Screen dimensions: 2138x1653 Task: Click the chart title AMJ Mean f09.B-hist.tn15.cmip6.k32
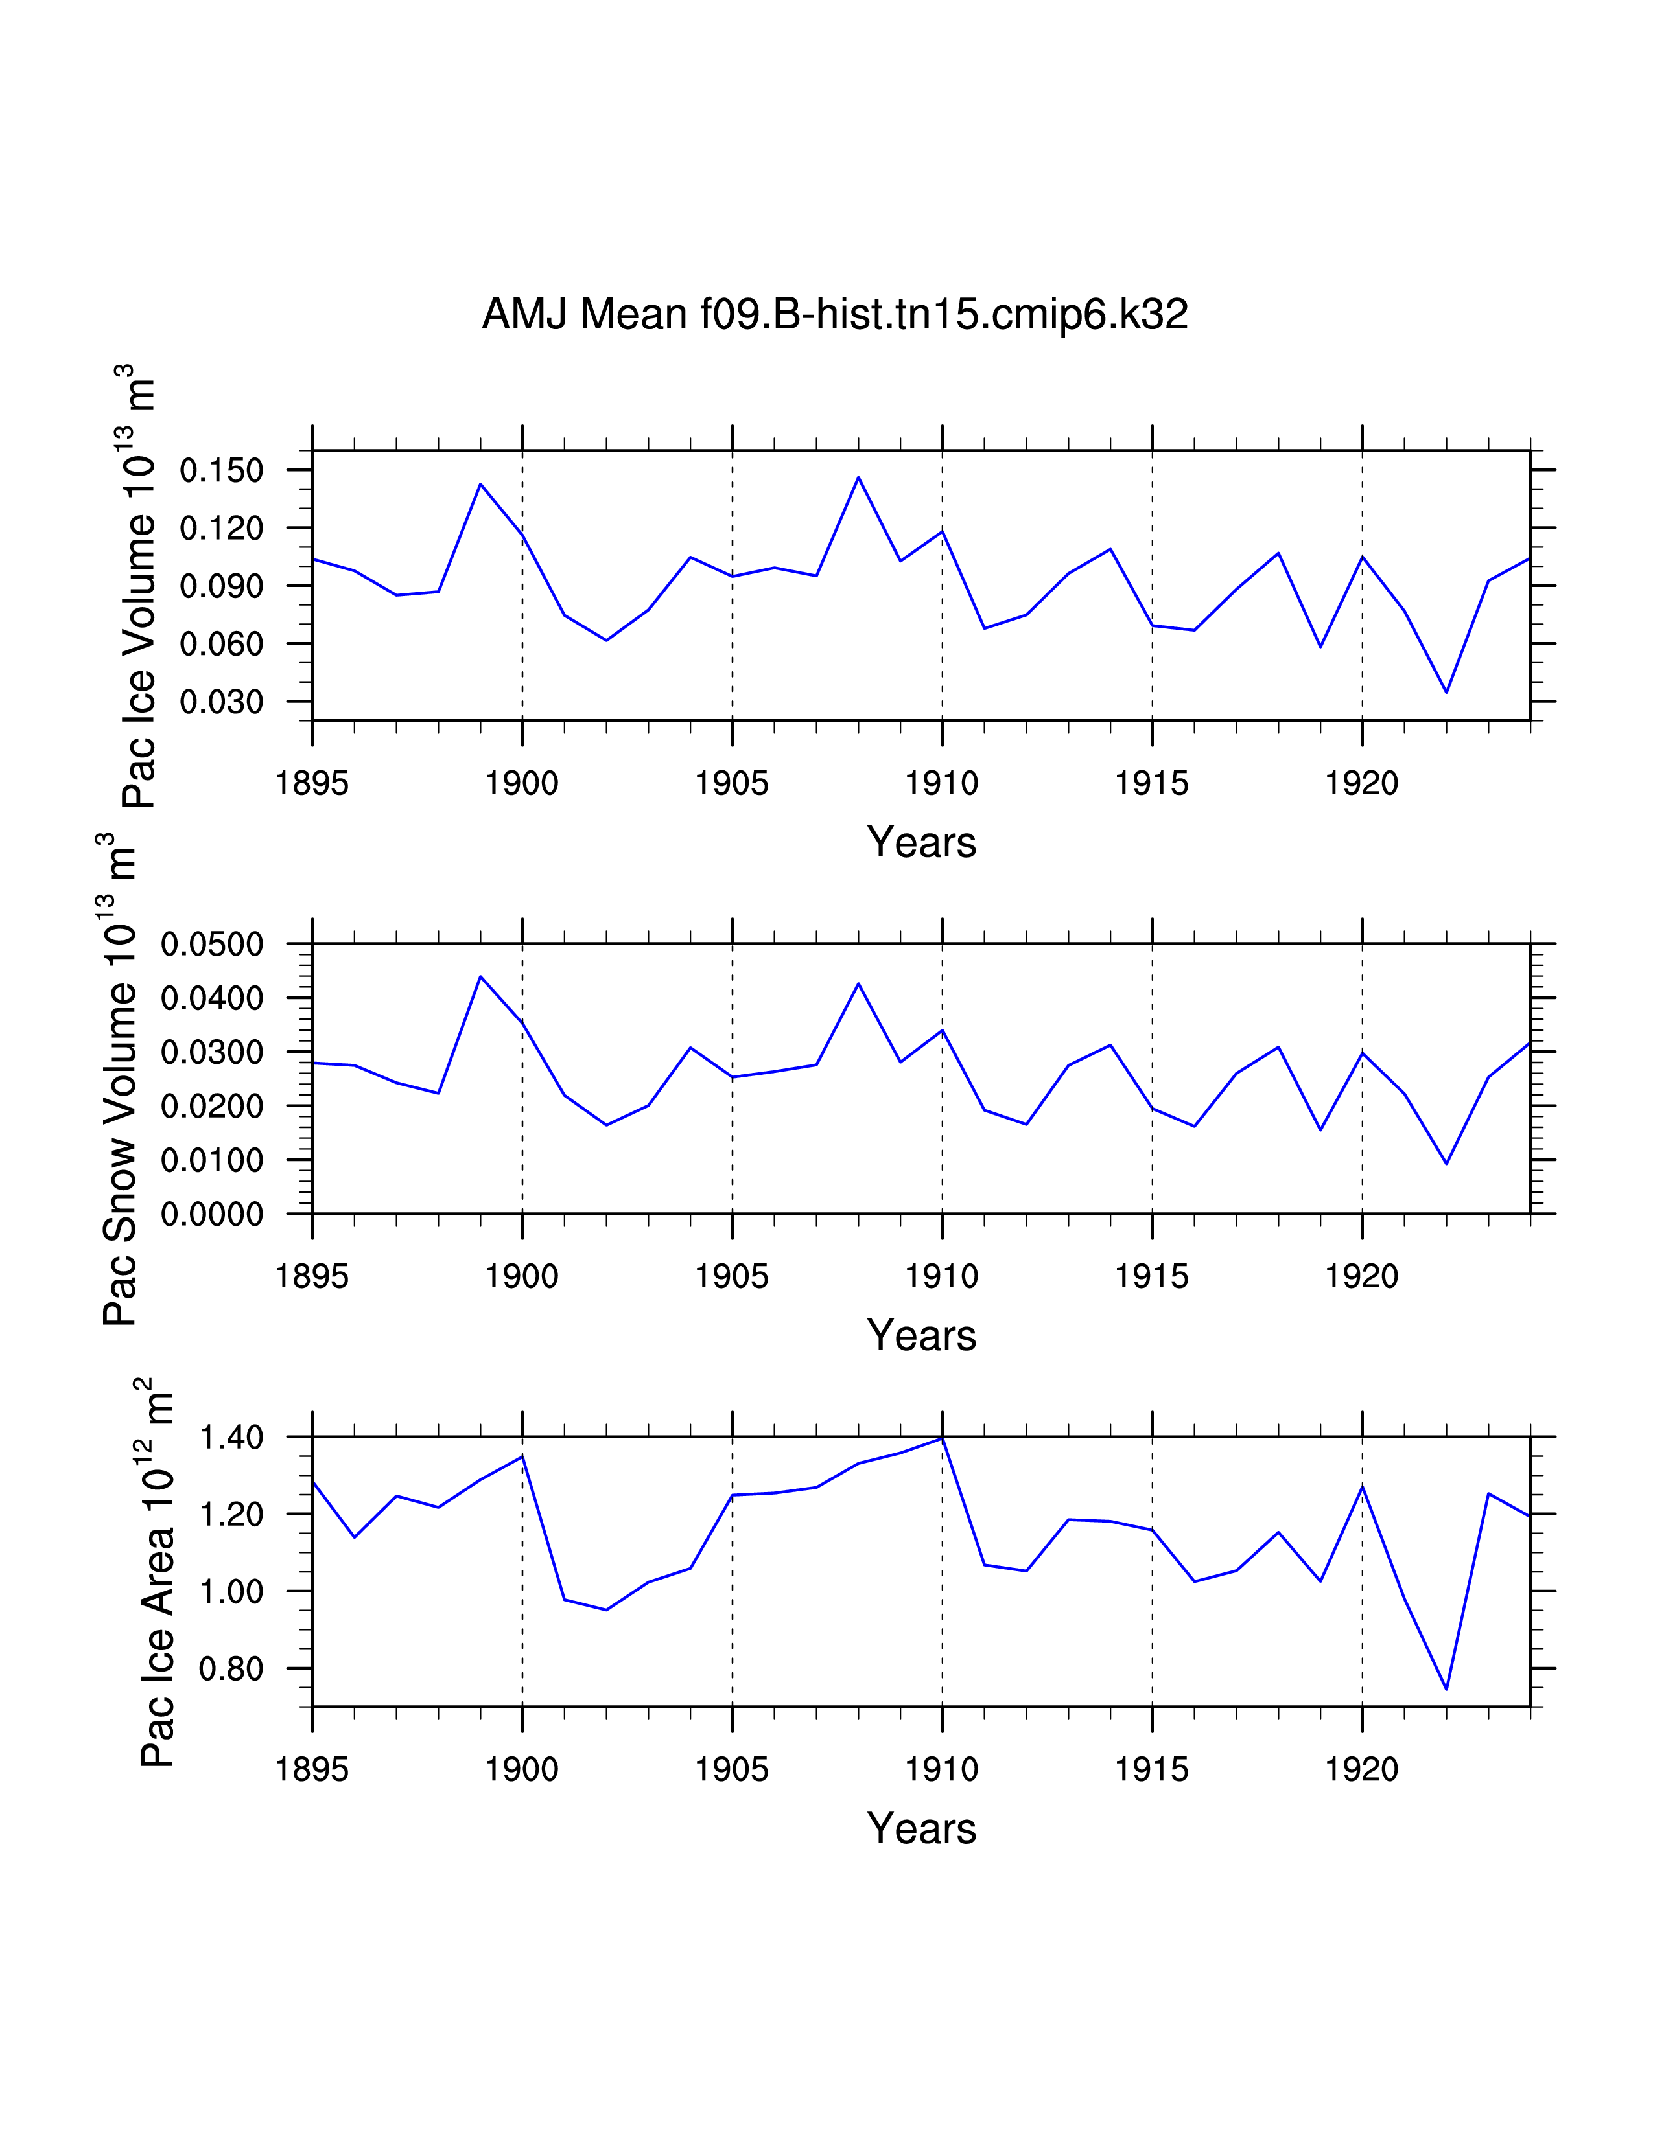(x=834, y=314)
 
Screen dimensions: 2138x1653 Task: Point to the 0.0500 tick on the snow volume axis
(x=213, y=945)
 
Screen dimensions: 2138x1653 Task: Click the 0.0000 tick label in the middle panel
(x=213, y=1215)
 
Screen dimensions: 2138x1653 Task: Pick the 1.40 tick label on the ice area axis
(x=231, y=1438)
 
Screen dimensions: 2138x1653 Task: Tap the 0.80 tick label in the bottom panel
(x=231, y=1669)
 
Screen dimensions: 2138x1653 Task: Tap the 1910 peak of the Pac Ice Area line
(x=942, y=1439)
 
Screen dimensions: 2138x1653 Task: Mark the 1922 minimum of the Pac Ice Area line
(x=1446, y=1688)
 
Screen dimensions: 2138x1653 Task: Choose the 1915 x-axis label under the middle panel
(x=1152, y=1276)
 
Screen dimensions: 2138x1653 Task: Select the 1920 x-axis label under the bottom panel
(x=1361, y=1770)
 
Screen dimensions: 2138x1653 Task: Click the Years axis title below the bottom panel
(x=922, y=1829)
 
